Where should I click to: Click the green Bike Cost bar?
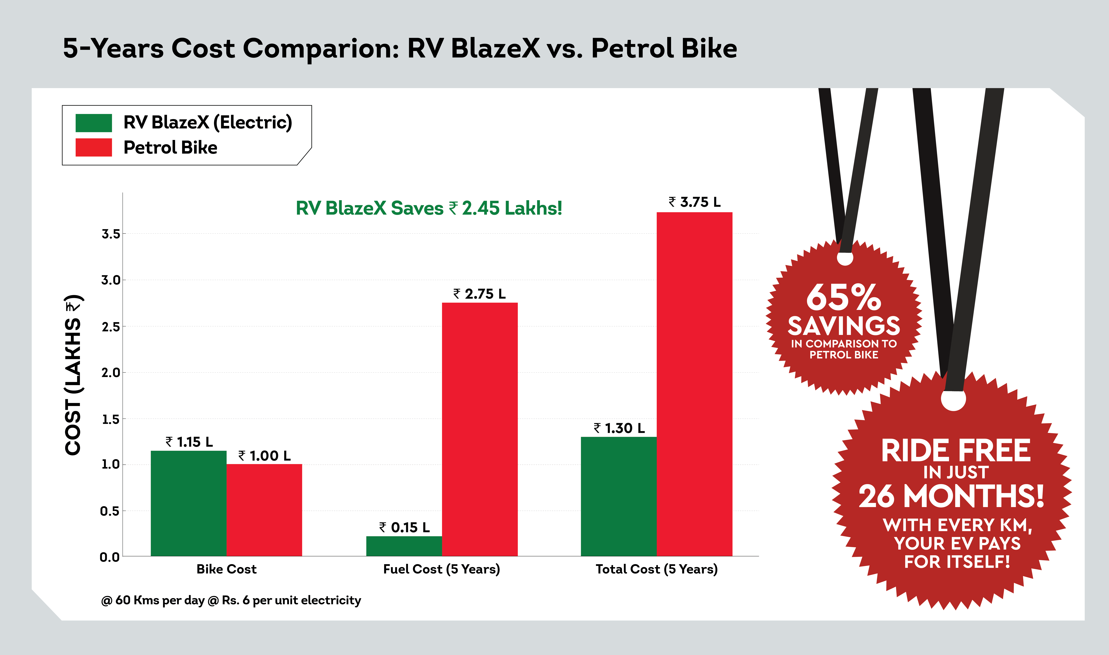click(x=189, y=503)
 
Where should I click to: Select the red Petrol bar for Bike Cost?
click(x=264, y=510)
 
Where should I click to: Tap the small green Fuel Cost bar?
click(x=404, y=546)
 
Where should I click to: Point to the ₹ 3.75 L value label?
click(x=694, y=202)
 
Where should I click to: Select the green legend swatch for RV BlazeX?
click(x=94, y=123)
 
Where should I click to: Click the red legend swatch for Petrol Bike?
click(x=94, y=147)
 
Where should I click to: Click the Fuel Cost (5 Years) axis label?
click(x=442, y=569)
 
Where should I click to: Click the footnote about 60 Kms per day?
click(x=231, y=600)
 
